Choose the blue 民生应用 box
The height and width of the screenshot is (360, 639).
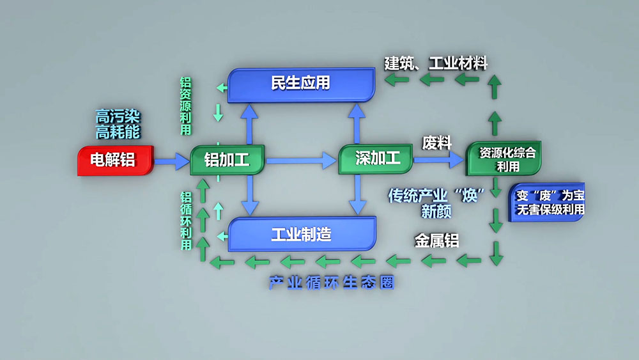[x=301, y=84]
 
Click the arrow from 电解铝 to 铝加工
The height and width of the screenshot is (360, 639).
[x=172, y=160]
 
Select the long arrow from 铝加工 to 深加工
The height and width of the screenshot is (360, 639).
[x=300, y=160]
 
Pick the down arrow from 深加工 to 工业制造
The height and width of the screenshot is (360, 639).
[x=355, y=194]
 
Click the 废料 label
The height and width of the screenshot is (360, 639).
[x=437, y=143]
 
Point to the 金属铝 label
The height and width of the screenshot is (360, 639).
[x=437, y=242]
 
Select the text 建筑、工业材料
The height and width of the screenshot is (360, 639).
[x=436, y=63]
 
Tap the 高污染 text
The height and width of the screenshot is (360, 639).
[x=118, y=117]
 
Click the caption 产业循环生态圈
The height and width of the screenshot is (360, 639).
[x=331, y=283]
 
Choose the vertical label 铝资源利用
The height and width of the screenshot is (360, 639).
[x=185, y=106]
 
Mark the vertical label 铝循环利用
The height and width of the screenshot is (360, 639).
[x=186, y=221]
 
